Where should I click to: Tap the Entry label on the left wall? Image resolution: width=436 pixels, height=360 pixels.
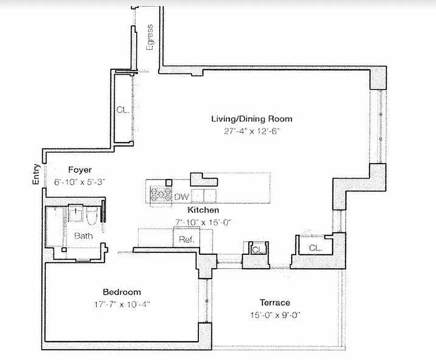point(37,174)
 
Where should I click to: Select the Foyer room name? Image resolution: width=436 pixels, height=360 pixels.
point(80,170)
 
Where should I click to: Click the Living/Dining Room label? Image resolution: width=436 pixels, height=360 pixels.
point(252,119)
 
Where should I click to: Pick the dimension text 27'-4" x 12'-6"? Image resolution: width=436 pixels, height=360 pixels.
point(252,131)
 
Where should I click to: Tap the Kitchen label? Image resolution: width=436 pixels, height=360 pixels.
point(203,210)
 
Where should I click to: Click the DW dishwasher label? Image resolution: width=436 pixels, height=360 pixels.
point(181,197)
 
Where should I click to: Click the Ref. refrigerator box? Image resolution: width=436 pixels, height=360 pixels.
point(186,239)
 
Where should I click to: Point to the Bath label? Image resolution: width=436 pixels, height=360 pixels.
point(84,236)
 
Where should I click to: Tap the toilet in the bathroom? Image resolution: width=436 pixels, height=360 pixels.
point(92,217)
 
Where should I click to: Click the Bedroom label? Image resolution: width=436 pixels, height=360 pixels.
point(121,292)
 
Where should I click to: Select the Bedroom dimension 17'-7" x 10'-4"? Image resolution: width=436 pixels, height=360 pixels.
point(121,304)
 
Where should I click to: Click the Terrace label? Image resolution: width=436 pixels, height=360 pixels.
point(274,302)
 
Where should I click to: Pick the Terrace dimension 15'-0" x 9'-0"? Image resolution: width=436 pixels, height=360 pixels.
point(274,315)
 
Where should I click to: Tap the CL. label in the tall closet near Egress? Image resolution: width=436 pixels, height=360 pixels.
point(122,109)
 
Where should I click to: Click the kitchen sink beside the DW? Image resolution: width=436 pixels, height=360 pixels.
point(204,196)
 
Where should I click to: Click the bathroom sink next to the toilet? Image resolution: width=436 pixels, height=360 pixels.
point(76,214)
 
